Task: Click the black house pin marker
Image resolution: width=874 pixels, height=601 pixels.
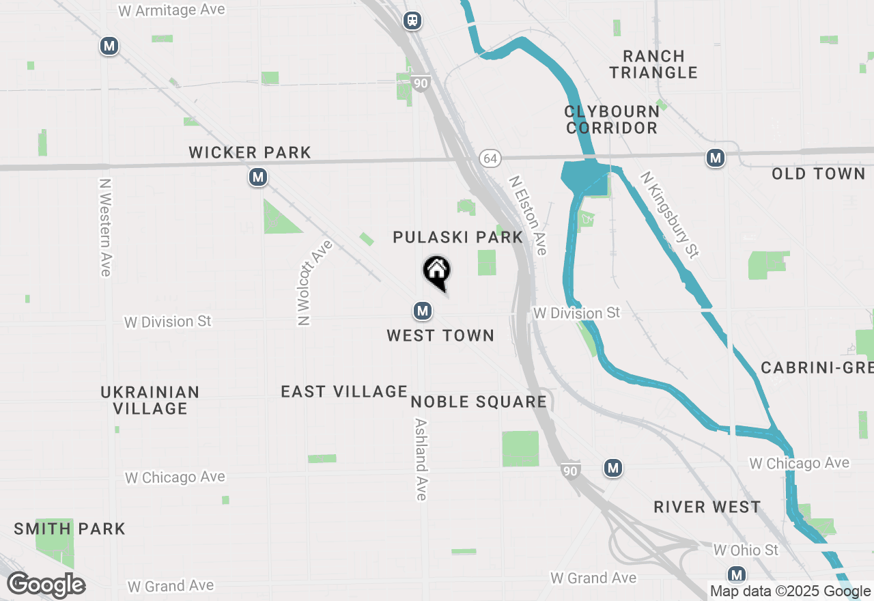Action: click(x=437, y=272)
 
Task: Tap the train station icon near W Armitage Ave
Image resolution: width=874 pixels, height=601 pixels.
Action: click(x=412, y=20)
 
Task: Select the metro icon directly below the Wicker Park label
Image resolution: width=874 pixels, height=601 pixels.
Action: click(x=257, y=178)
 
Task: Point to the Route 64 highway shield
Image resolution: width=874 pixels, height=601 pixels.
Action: click(x=490, y=158)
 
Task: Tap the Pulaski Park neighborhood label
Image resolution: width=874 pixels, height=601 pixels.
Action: click(x=457, y=238)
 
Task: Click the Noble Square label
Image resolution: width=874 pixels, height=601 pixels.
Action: click(x=479, y=402)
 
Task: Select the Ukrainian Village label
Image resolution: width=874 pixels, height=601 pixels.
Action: click(x=150, y=400)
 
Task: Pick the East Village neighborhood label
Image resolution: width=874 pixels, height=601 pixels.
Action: click(x=344, y=391)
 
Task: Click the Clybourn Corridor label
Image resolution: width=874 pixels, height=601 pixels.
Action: click(x=612, y=120)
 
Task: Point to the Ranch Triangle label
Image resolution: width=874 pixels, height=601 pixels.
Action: click(x=653, y=64)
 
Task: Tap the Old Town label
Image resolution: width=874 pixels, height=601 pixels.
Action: click(x=818, y=174)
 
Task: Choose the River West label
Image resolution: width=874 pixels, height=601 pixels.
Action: click(x=707, y=507)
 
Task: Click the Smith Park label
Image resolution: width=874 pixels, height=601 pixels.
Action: click(x=70, y=529)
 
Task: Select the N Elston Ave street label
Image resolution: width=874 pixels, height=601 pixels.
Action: click(x=528, y=215)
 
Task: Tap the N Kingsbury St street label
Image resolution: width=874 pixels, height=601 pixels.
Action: click(x=670, y=214)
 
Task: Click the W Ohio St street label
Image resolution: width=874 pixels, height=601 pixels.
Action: click(x=746, y=550)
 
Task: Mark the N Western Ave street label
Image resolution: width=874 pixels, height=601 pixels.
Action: click(x=104, y=227)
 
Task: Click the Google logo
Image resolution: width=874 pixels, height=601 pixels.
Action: click(x=46, y=585)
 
